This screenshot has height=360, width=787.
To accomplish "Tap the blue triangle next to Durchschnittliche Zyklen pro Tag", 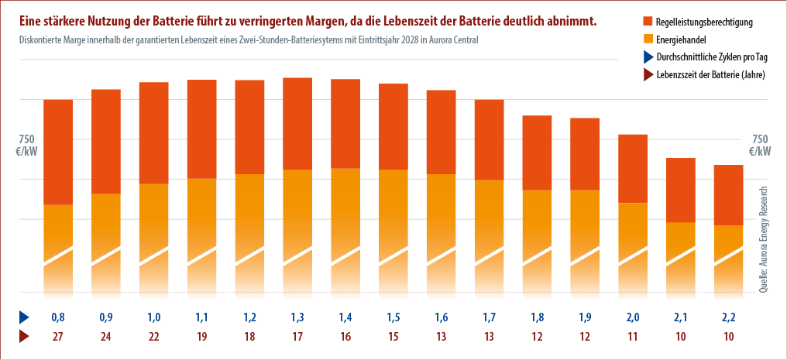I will [x=648, y=57].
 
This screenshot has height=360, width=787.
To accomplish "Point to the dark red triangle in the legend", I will [x=648, y=74].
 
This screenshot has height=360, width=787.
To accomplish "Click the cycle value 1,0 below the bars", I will [x=154, y=317].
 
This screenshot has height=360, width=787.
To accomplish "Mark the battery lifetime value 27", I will [x=58, y=337].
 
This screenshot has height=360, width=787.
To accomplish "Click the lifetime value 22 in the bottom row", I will [x=154, y=337].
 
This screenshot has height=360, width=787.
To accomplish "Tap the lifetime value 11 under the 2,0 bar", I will [x=632, y=337].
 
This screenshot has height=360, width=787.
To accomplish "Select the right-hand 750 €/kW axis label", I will [x=760, y=145].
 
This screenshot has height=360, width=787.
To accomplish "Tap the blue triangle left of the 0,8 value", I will [x=24, y=317].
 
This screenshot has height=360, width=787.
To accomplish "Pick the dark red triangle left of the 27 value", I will [x=24, y=337].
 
